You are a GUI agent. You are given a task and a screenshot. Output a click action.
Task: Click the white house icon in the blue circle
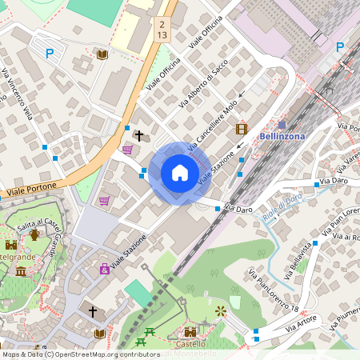click(x=179, y=173)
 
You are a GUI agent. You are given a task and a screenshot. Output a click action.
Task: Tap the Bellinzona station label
click(x=282, y=136)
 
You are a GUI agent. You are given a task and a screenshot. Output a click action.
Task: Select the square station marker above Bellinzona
click(x=282, y=125)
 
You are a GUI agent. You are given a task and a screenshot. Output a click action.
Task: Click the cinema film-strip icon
click(x=242, y=129)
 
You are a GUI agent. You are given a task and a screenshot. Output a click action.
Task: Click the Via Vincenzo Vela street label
click(x=17, y=93)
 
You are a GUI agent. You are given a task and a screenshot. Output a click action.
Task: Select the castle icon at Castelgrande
click(x=11, y=245)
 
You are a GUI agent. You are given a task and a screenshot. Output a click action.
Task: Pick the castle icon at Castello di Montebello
click(x=190, y=330)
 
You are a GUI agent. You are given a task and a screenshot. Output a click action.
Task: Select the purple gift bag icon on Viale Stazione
click(x=104, y=269)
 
